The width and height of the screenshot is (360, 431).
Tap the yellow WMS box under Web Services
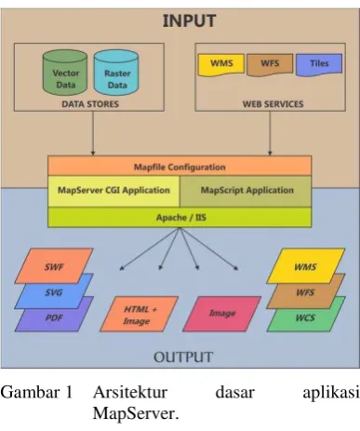221,64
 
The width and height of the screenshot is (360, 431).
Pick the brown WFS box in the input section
270,64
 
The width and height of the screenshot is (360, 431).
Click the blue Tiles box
319,64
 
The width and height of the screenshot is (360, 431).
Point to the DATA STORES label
90,104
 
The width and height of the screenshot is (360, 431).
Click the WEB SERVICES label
273,104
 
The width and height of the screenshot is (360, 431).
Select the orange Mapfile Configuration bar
180,166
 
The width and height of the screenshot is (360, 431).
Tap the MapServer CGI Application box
113,191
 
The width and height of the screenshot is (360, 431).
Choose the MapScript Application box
246,191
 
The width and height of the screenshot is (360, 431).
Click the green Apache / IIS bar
180,217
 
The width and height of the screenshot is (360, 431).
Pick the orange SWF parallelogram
54,266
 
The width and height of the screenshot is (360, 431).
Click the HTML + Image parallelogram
139,314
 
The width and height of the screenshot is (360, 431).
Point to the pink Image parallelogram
222,314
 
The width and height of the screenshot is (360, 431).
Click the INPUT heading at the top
189,21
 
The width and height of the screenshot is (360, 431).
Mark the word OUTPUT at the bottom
183,357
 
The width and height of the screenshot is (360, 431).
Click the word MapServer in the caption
136,413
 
